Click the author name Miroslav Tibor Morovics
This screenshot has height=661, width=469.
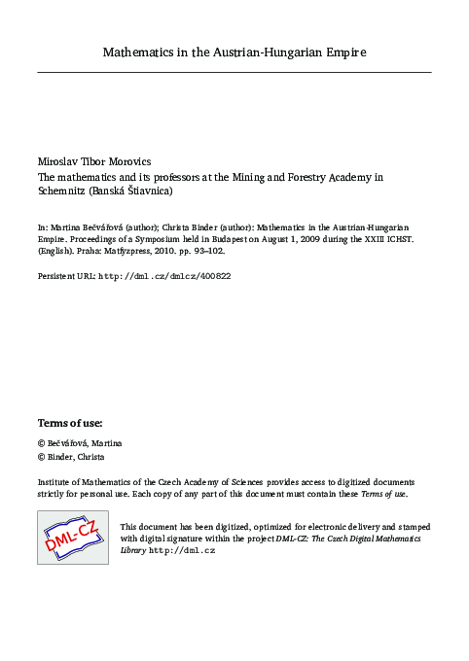(x=95, y=159)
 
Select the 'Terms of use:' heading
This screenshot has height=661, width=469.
(x=69, y=424)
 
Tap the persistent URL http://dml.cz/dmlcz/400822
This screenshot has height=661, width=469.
(x=164, y=276)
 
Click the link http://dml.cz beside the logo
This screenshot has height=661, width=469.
(x=182, y=551)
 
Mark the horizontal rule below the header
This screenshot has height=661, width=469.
(x=234, y=72)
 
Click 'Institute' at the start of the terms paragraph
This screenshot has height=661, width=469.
(x=56, y=482)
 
